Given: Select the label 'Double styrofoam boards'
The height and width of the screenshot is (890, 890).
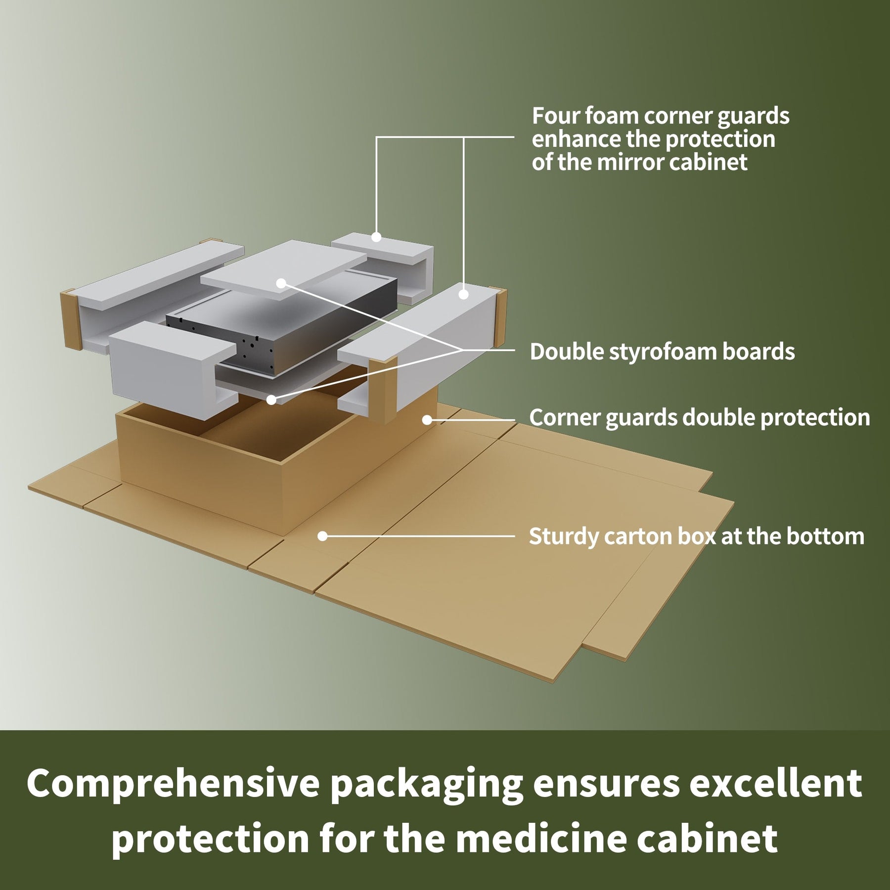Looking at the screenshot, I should tap(662, 352).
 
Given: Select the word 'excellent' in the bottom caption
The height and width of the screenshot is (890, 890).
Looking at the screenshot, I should tap(776, 783).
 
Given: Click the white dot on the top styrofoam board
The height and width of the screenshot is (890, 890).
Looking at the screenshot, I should tap(281, 283).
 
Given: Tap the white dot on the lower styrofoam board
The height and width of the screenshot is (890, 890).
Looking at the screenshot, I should tap(271, 400).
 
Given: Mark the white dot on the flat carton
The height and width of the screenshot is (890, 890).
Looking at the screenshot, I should tap(322, 536).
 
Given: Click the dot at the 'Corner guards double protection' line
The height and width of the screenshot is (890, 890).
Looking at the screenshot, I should tap(427, 420).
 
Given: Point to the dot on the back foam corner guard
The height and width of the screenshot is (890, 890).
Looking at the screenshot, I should tap(376, 237).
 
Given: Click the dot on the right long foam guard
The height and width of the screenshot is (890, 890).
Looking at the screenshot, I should tap(463, 294).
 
